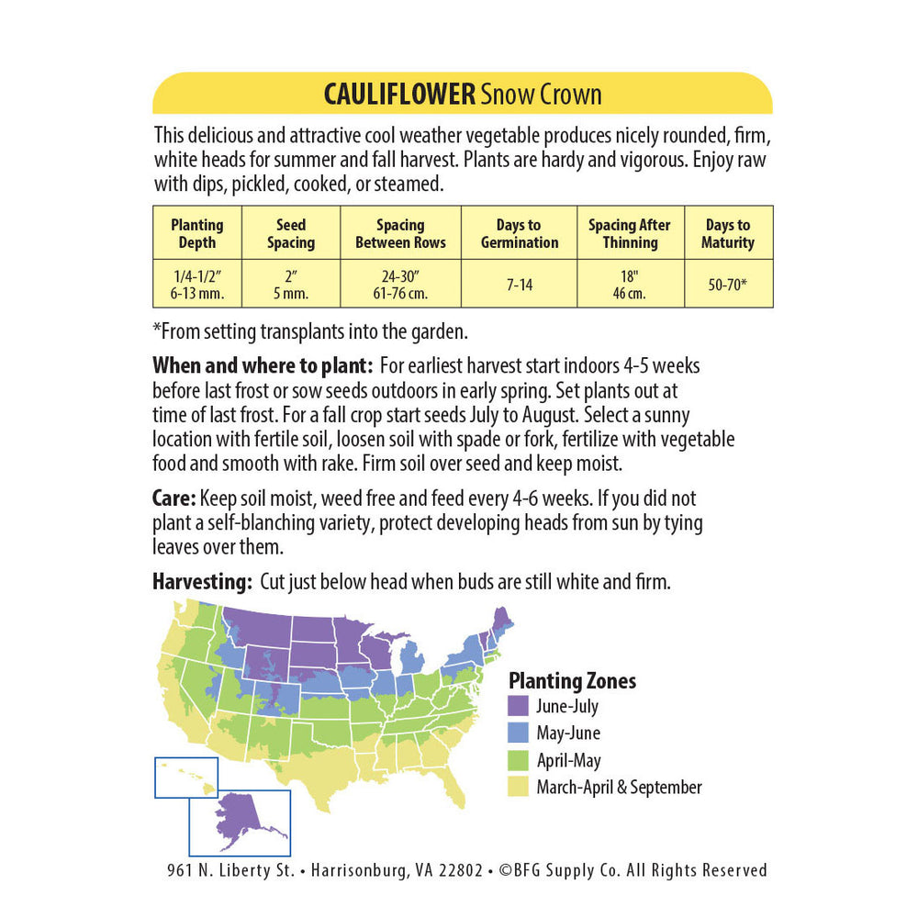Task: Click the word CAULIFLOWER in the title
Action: (399, 95)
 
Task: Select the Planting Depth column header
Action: (196, 234)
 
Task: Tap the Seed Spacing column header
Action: (291, 234)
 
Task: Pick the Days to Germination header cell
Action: (519, 234)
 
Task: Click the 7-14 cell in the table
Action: (519, 285)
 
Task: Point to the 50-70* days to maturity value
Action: (729, 285)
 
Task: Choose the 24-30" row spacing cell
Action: (400, 285)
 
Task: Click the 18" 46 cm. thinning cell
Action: (631, 285)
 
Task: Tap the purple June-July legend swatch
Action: (519, 707)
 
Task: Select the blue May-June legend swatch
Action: (519, 733)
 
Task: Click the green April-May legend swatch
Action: (519, 760)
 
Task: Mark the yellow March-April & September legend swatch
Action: (519, 787)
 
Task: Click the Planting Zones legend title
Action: (572, 681)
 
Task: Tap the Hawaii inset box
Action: (186, 778)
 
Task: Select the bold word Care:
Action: (174, 499)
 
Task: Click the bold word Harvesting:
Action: (202, 582)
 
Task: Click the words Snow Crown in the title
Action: (542, 95)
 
